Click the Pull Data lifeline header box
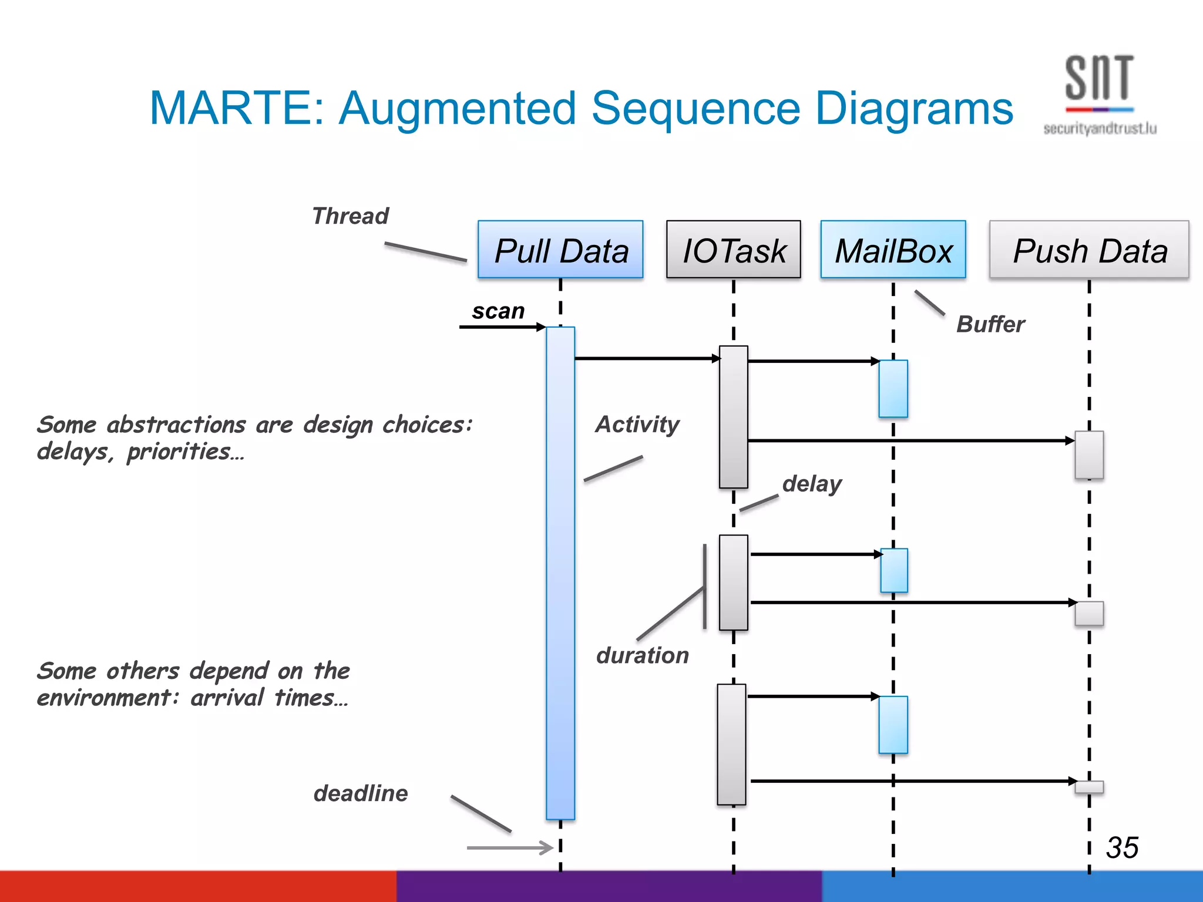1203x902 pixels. click(x=560, y=250)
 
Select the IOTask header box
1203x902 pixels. click(x=733, y=250)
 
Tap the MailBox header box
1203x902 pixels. click(x=893, y=250)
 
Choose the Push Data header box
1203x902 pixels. click(x=1089, y=250)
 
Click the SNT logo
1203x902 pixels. click(x=1099, y=82)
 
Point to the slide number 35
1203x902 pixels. click(x=1122, y=847)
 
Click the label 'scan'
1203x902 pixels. click(x=498, y=311)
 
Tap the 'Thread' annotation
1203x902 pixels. click(x=350, y=216)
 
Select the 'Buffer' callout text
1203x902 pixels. click(x=990, y=324)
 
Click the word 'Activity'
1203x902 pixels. click(x=637, y=424)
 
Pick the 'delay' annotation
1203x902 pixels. click(x=812, y=483)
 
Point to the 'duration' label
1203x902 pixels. click(x=642, y=655)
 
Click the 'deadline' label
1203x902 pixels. click(x=361, y=793)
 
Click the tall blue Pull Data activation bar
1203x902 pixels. click(x=560, y=573)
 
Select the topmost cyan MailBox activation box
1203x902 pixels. click(x=893, y=389)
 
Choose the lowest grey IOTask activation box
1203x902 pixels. click(x=731, y=744)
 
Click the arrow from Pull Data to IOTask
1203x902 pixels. click(x=646, y=358)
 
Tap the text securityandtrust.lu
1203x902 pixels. click(x=1100, y=129)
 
